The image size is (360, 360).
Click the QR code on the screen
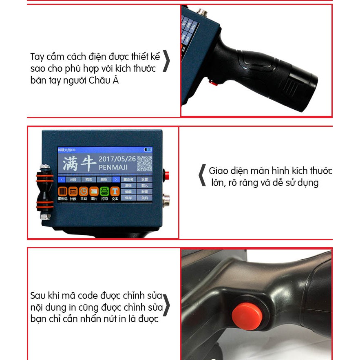coord(144,164)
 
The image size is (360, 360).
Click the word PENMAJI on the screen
coord(115,168)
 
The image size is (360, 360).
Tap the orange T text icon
coord(115,191)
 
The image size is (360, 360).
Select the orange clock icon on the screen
coord(83,191)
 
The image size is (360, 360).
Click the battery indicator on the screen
coord(148,150)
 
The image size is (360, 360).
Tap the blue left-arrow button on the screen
coord(61,179)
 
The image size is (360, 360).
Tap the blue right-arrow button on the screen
coord(115,179)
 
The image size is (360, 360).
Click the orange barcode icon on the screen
coord(62,191)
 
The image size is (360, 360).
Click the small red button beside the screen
coord(166,175)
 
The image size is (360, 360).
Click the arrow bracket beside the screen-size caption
coord(202,175)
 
